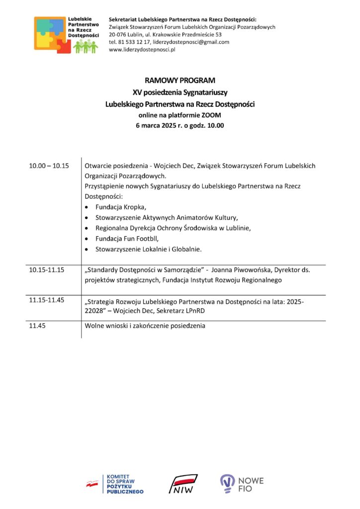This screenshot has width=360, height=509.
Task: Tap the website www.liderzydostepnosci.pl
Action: point(143,50)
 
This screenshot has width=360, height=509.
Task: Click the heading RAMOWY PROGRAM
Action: point(180,80)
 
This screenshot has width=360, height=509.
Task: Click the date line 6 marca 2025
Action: point(180,125)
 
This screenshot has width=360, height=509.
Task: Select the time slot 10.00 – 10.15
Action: point(49,166)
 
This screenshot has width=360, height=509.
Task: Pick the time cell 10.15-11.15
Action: point(46,270)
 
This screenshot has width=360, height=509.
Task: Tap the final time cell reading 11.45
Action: point(37,326)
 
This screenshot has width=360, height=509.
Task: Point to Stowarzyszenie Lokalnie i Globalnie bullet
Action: point(148,249)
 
